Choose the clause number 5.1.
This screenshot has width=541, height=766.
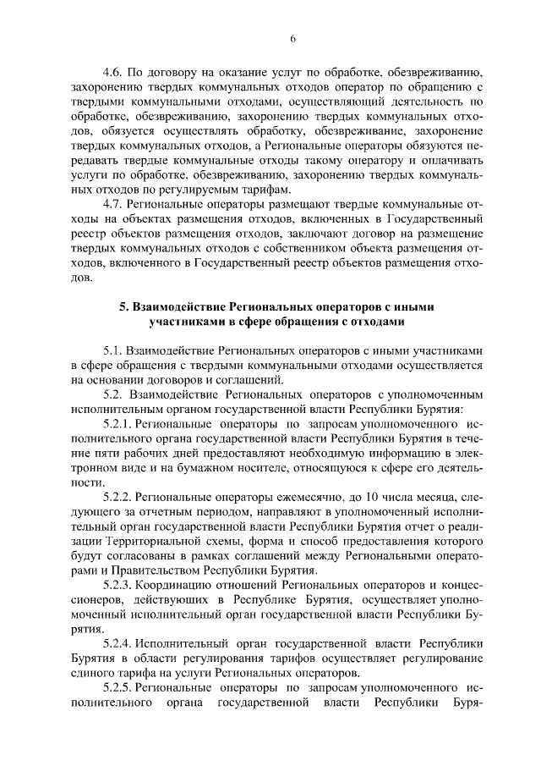[112, 350]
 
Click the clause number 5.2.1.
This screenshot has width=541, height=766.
[117, 423]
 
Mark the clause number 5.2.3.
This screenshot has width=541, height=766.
[117, 583]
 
